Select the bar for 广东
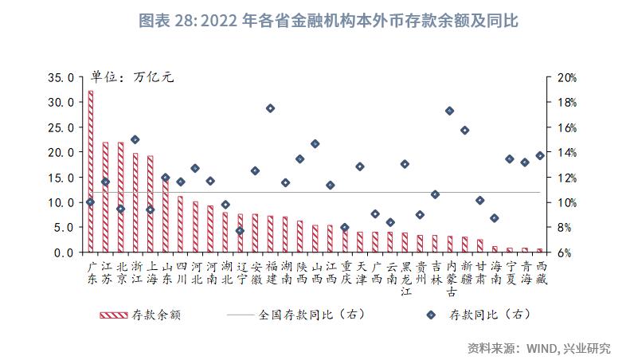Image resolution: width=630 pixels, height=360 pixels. point(90,171)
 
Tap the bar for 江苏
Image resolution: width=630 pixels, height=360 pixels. point(105,197)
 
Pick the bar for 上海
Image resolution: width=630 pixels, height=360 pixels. point(150,203)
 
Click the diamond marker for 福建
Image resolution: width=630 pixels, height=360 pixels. point(270,108)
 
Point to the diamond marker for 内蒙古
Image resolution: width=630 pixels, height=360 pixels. point(450,111)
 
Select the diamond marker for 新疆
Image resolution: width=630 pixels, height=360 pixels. point(465,130)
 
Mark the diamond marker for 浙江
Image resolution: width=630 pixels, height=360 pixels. point(135,139)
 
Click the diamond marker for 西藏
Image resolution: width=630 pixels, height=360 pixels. point(540,155)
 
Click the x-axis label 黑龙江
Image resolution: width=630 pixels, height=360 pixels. point(405,278)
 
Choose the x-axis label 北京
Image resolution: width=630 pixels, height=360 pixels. point(120,273)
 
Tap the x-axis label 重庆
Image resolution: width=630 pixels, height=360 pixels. point(345,273)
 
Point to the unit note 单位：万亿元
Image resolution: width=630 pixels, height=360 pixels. point(131,77)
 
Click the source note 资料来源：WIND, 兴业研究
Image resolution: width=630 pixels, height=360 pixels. point(539,347)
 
